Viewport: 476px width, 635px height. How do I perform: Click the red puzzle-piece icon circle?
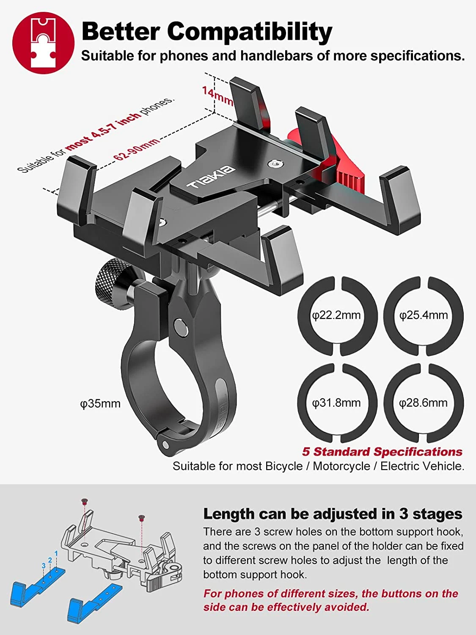coord(43,43)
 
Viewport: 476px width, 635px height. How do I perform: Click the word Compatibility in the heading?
coord(250,32)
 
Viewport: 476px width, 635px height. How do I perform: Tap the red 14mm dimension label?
coord(217,96)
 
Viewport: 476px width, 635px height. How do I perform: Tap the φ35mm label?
coord(100,403)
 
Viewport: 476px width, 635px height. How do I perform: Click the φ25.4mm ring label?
coord(424,315)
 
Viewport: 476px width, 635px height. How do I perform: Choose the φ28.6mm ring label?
coord(424,403)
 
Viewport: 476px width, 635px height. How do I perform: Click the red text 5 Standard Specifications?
coord(382,452)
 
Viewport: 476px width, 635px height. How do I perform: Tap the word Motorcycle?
coord(341,467)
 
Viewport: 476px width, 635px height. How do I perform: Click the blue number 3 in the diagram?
coord(44,566)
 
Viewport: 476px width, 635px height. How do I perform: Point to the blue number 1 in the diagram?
coord(56,553)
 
